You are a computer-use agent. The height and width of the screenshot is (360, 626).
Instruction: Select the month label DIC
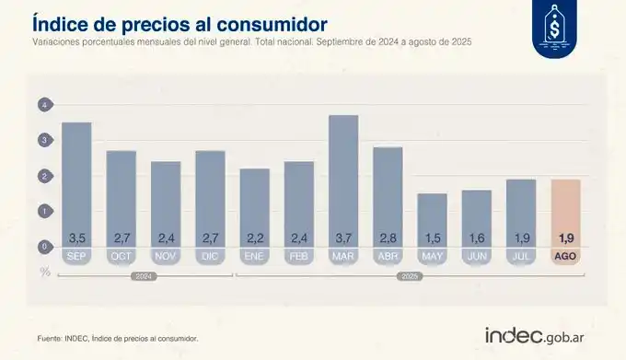click(x=210, y=257)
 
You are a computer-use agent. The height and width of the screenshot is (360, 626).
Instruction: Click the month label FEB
click(x=299, y=257)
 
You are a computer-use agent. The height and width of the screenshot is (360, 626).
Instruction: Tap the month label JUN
click(x=477, y=257)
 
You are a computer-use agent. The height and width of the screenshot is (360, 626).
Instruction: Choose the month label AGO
click(x=565, y=257)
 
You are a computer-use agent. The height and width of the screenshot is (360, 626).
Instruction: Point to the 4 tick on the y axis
click(x=42, y=106)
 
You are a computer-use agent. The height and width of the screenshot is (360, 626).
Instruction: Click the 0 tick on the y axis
click(x=42, y=247)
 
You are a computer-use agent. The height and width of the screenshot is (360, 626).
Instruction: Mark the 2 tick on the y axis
click(x=42, y=176)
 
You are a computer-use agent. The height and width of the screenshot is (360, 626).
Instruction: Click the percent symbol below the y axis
click(x=42, y=271)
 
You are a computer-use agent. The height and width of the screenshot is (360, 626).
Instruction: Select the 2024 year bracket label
click(x=143, y=275)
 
